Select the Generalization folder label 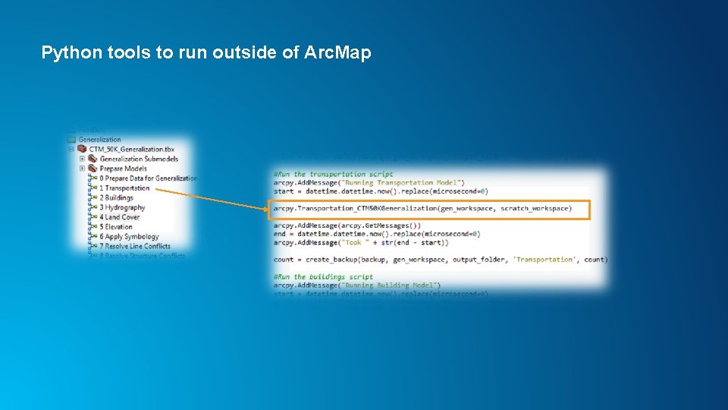99,140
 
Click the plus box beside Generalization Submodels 82,159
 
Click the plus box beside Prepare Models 82,169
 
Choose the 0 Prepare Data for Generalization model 148,178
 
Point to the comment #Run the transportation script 334,175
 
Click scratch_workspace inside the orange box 535,208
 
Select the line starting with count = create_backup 440,260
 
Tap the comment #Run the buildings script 323,277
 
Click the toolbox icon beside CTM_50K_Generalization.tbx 82,150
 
